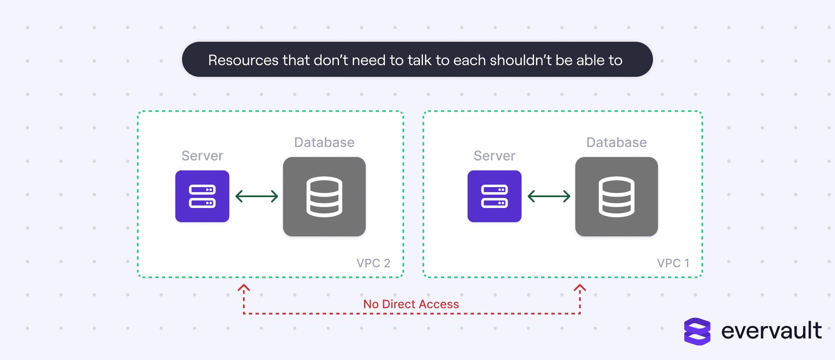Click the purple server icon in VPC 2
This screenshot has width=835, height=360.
202,196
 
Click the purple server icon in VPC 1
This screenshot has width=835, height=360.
494,196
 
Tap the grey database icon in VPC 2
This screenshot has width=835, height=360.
324,197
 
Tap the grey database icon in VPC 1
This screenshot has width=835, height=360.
617,197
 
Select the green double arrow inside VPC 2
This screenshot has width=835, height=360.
257,196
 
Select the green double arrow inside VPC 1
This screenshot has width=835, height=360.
549,196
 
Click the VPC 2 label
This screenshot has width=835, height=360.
373,263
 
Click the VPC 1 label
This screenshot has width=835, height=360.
673,263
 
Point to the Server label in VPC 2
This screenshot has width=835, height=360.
202,156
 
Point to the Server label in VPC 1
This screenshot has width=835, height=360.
495,156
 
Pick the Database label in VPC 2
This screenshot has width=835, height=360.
324,142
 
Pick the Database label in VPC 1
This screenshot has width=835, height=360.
617,142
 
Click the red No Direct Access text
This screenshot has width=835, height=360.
411,304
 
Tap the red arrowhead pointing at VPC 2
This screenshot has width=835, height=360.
244,288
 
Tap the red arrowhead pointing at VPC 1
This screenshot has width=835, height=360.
580,288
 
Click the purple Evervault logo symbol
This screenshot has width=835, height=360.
697,332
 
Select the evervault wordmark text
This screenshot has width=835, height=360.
772,331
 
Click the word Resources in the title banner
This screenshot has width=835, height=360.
243,60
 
